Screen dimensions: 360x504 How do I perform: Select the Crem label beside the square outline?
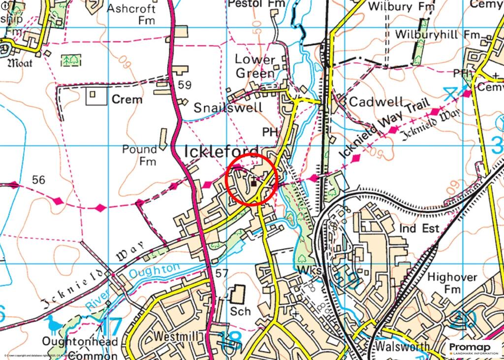coord(127,99)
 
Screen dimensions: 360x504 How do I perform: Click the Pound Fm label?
coord(140,155)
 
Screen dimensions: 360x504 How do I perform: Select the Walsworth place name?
coord(402,346)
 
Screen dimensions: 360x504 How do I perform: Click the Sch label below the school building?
coord(240,311)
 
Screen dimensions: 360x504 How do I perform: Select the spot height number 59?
coord(185,85)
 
